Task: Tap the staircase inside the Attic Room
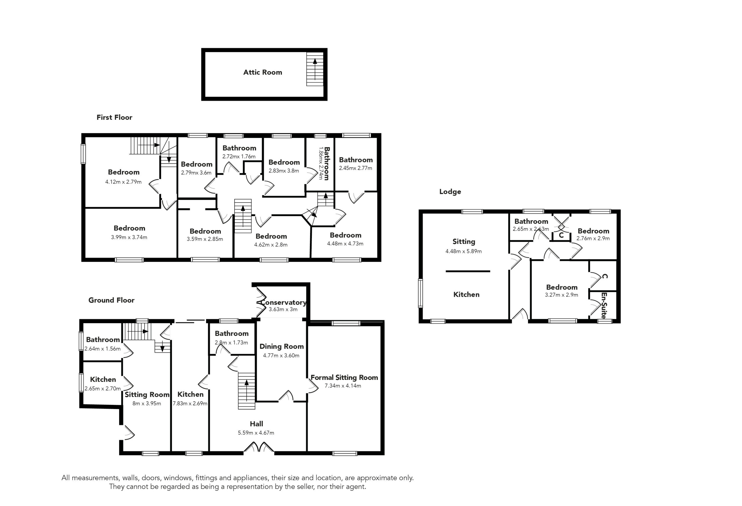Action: click(315, 69)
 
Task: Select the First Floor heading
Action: click(114, 117)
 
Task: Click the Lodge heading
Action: click(450, 192)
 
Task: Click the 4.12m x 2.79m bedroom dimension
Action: click(123, 182)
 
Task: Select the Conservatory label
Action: click(283, 302)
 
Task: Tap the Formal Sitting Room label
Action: click(344, 377)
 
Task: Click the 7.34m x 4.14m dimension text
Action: click(343, 386)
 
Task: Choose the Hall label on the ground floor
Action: click(257, 424)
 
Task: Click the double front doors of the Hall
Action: click(259, 447)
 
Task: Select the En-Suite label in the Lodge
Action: click(603, 305)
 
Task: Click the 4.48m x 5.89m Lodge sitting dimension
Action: click(463, 251)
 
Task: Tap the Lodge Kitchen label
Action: click(466, 294)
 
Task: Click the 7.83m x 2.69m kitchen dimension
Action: click(190, 403)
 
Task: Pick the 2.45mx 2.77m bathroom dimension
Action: click(355, 168)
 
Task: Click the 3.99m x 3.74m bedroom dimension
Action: click(129, 237)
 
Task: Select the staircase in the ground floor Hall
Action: click(247, 391)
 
